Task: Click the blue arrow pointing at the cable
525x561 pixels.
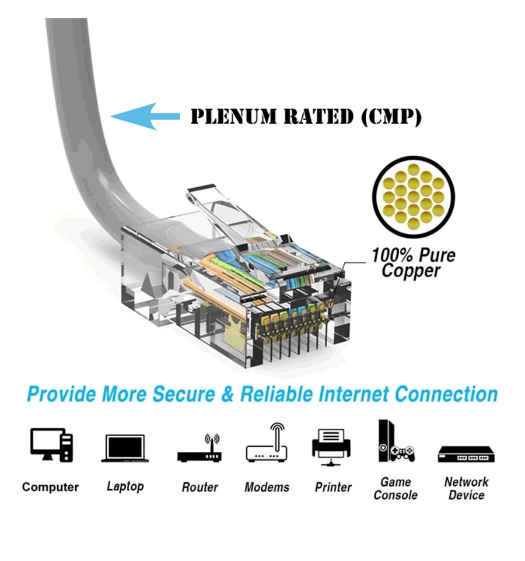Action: (x=145, y=116)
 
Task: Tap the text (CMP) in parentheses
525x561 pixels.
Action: (x=390, y=116)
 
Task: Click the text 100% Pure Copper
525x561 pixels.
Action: (x=413, y=263)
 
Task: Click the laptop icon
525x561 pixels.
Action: (x=125, y=448)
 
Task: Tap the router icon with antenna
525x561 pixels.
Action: (x=200, y=448)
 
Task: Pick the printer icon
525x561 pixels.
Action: (x=333, y=446)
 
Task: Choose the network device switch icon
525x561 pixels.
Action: (x=466, y=454)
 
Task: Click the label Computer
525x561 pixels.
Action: (x=50, y=487)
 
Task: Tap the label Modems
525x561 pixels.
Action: (x=267, y=487)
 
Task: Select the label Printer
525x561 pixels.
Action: (x=333, y=487)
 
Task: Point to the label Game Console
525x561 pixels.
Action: (x=395, y=489)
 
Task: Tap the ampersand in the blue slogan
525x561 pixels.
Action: (x=229, y=394)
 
